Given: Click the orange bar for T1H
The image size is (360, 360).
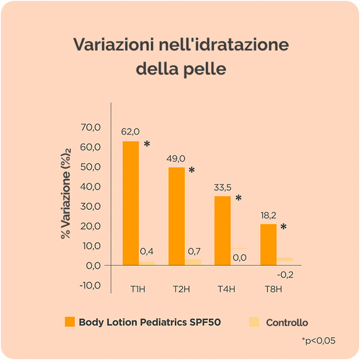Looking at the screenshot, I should point(131,203).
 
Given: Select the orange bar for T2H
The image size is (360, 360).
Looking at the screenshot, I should point(177,216).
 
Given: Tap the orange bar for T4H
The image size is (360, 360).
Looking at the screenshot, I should point(222,230).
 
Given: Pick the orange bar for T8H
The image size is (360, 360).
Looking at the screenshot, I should point(268,244).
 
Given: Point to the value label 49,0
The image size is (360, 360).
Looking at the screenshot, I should point(176,158).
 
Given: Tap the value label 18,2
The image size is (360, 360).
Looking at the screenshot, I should point(267,215).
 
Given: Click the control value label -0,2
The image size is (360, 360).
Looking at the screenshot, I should point(286,275).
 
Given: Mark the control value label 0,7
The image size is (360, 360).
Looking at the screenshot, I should point(193,251).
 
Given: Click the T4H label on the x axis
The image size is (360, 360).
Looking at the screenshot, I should point(226,289).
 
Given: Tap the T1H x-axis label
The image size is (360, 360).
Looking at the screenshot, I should point(135,289).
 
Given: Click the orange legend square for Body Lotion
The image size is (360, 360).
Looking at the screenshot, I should point(70,322).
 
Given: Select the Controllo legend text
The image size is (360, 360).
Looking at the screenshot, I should point(287,323).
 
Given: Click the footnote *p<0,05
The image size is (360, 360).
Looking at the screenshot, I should point(318,341).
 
